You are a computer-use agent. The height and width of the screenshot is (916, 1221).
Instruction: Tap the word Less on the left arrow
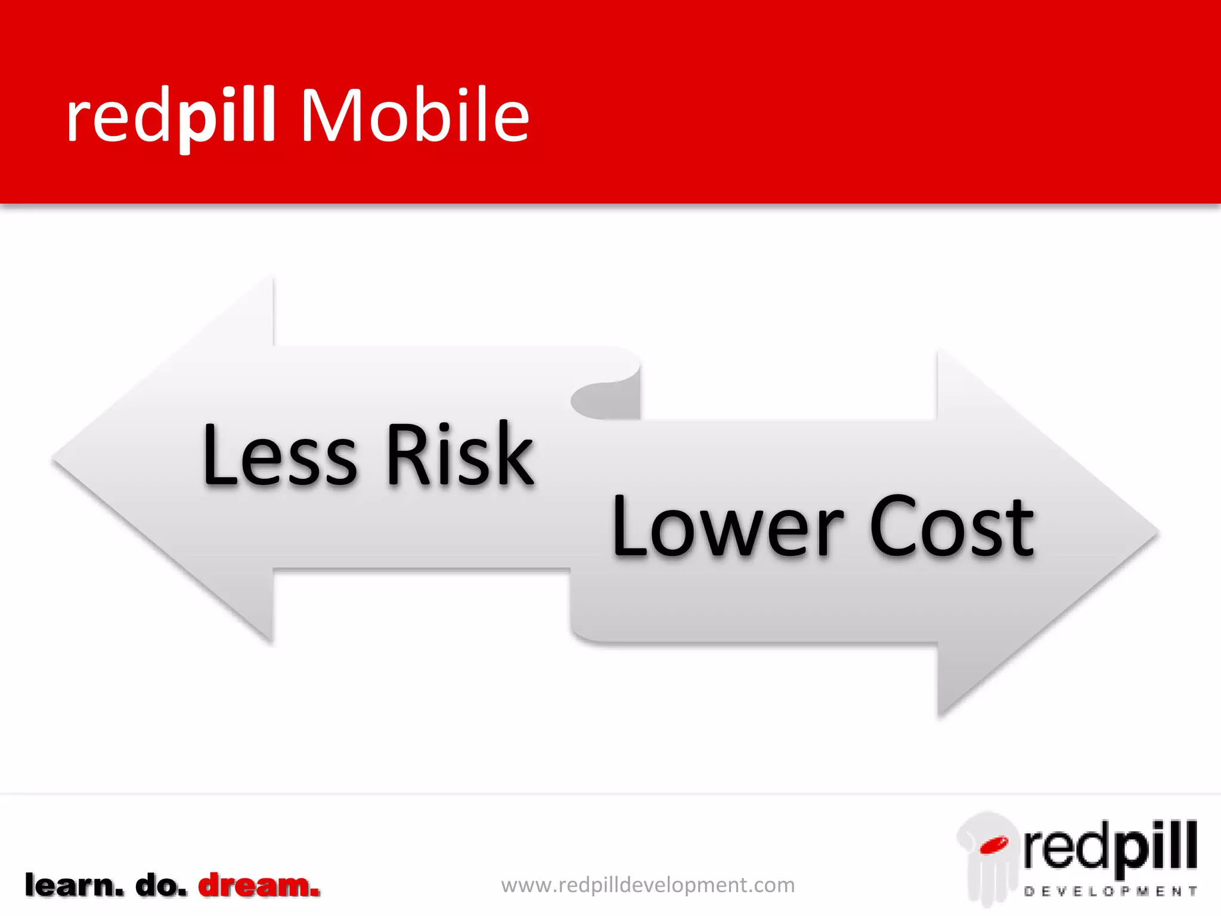coord(280,454)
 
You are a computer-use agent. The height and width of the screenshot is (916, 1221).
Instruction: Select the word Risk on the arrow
coord(460,454)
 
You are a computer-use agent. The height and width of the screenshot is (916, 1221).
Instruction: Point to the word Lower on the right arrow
coord(727,527)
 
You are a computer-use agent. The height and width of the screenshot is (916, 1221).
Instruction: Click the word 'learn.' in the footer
coord(74,886)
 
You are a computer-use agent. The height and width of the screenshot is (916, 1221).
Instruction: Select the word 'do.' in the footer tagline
coord(161,886)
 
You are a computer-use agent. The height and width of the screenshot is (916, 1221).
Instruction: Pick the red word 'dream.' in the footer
coord(259,886)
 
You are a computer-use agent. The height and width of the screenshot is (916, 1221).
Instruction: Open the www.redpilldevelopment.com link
coord(647,885)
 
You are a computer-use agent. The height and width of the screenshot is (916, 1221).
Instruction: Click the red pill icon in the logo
coord(993,844)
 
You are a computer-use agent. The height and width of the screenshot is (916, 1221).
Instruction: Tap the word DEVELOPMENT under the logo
coord(1110,892)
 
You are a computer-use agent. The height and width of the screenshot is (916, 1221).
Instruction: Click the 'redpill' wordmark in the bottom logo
coord(1110,847)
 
